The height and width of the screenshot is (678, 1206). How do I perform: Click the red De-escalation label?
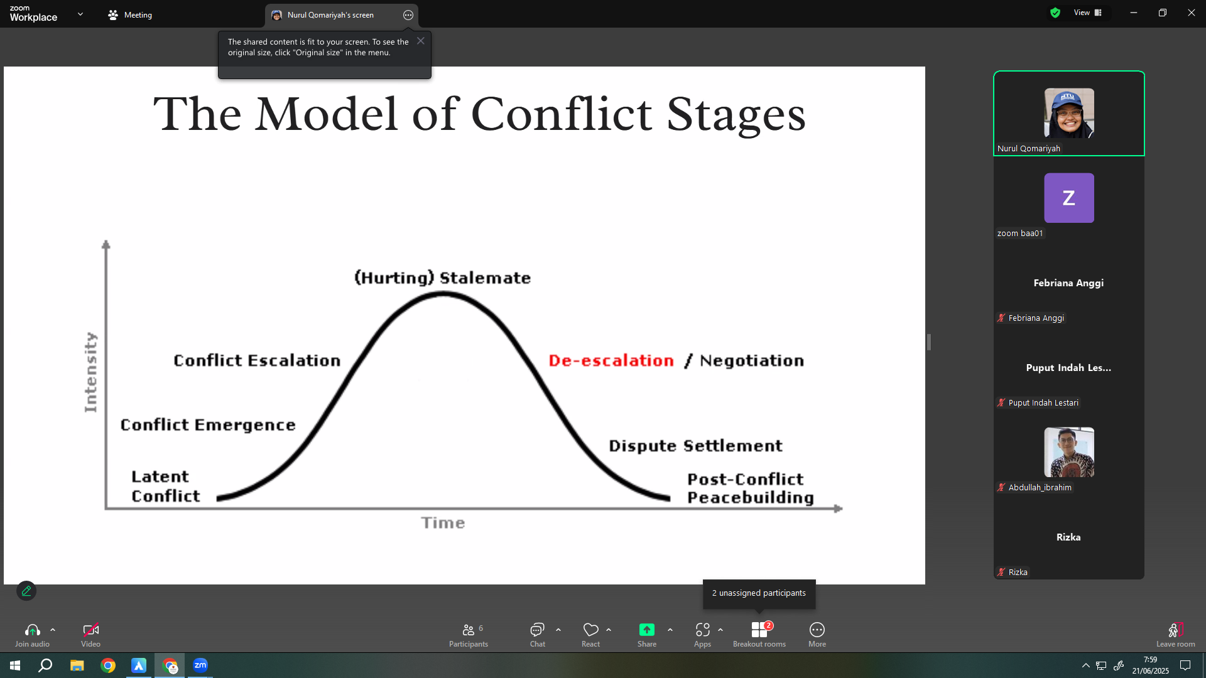coord(611,360)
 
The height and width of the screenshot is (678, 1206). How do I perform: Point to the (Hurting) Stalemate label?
coord(443,277)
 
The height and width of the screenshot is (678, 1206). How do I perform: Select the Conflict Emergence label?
coord(208,425)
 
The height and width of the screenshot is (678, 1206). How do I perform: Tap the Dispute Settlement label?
coord(695,446)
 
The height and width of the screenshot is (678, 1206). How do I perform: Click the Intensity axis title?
coord(91,372)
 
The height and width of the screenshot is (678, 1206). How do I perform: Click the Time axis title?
coord(443,523)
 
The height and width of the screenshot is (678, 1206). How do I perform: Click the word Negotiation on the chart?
coord(752,360)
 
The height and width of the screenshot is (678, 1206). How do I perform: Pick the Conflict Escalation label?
coord(257,360)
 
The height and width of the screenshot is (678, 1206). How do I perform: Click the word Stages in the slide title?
coord(736,115)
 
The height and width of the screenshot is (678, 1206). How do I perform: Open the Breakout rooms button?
coord(759,634)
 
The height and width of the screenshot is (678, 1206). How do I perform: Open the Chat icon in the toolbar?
coord(537,630)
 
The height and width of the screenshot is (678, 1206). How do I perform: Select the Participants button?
coord(469,634)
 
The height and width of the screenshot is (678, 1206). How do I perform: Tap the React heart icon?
coord(590,630)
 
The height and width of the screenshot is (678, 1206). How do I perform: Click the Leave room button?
coord(1175,634)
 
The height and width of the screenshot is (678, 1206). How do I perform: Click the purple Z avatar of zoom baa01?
coord(1068,198)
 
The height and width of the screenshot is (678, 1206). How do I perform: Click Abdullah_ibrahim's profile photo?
coord(1068,452)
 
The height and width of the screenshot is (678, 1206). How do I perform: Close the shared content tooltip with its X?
coord(421,41)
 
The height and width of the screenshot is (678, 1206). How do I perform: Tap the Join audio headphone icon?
coord(33,630)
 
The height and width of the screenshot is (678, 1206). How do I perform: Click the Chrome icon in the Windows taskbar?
coord(108,665)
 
